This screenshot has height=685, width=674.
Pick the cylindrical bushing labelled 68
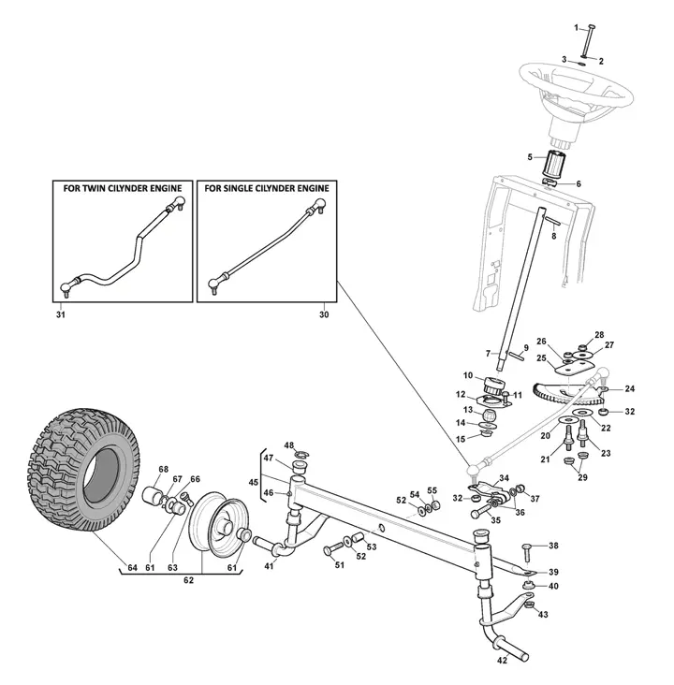point(155,496)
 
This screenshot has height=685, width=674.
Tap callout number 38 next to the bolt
point(553,546)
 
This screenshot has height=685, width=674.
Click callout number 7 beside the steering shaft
point(488,354)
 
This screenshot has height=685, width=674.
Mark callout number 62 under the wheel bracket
point(188,580)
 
